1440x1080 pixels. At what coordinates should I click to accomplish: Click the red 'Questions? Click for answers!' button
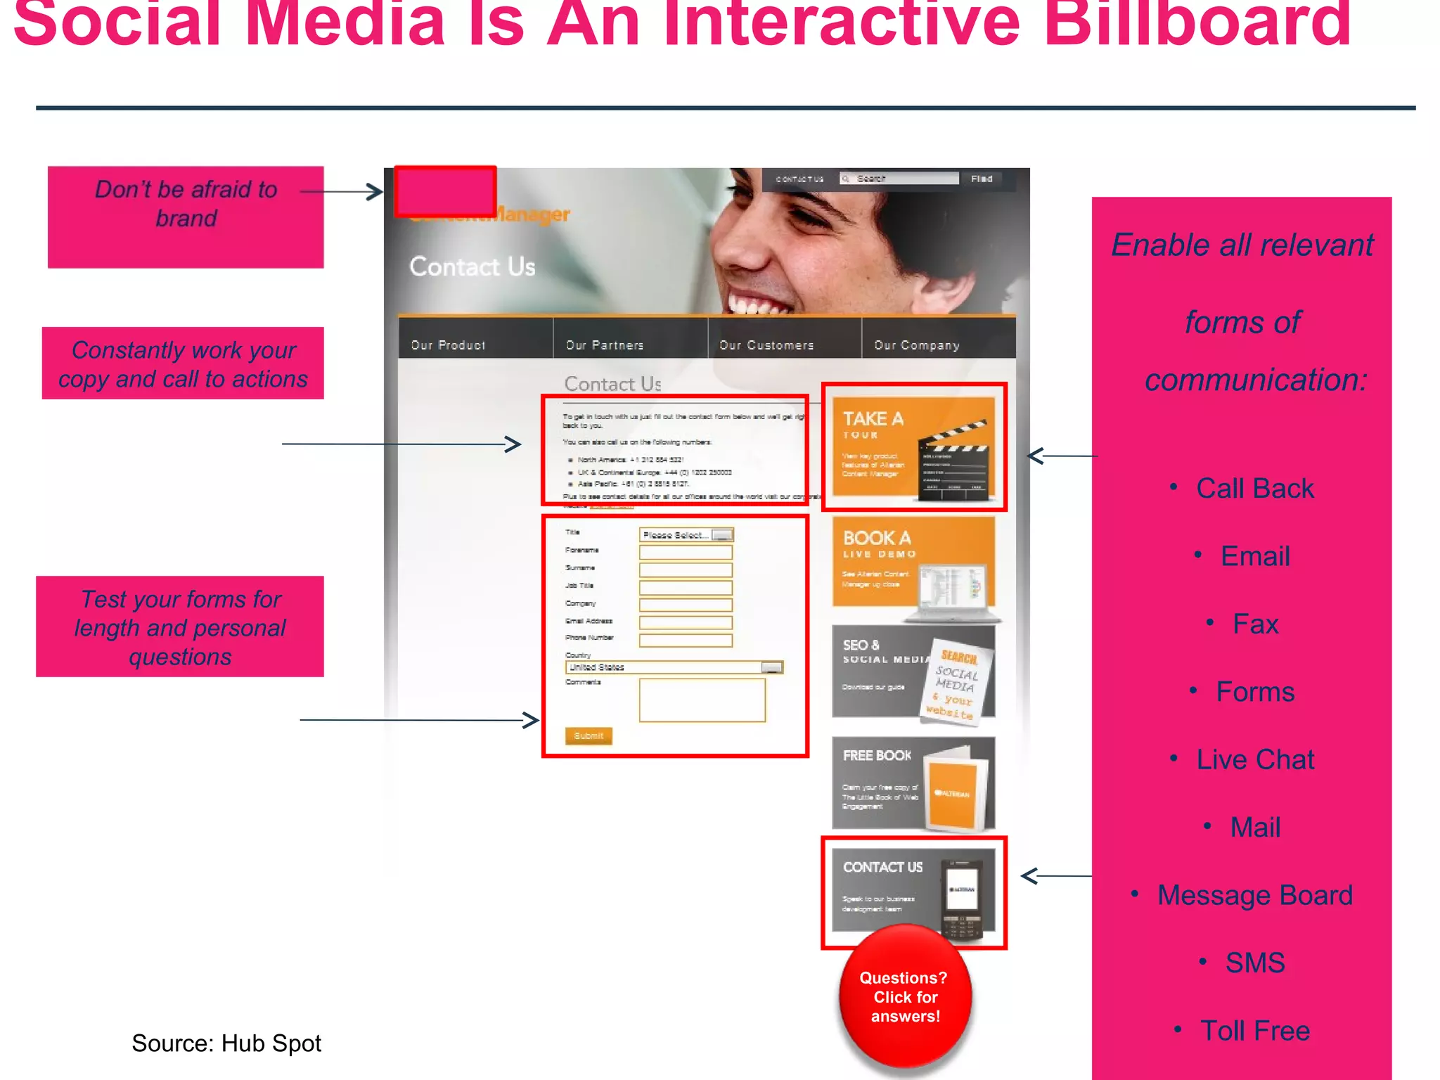pos(905,996)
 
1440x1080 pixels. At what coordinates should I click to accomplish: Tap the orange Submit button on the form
pos(589,735)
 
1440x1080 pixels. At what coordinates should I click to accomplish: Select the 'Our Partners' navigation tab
pos(605,345)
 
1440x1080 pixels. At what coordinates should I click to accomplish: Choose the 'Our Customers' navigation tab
pos(766,345)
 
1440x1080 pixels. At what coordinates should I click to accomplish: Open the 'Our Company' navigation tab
pos(916,345)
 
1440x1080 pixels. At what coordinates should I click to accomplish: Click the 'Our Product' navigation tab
pos(448,345)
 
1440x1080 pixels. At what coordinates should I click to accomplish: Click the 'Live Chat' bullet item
pos(1255,759)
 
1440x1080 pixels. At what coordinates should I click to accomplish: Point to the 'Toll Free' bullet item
pos(1255,1031)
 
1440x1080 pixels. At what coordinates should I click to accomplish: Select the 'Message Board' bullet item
pos(1255,895)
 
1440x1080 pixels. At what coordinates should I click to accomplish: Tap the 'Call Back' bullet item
pos(1255,488)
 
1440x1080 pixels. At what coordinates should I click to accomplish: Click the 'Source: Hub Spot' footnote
pos(226,1043)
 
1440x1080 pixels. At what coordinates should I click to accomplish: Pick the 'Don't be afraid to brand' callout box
pos(186,217)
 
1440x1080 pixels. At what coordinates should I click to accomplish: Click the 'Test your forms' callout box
pos(180,626)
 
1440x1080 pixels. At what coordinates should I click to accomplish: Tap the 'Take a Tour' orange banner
pos(913,447)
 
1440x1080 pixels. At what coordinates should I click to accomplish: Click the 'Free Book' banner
pos(913,783)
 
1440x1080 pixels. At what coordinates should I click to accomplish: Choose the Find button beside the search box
pos(982,179)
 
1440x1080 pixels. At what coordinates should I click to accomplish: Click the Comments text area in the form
pos(702,700)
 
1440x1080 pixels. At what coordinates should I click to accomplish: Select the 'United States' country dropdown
pos(674,667)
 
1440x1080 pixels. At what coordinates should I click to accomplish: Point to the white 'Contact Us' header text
pos(472,267)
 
